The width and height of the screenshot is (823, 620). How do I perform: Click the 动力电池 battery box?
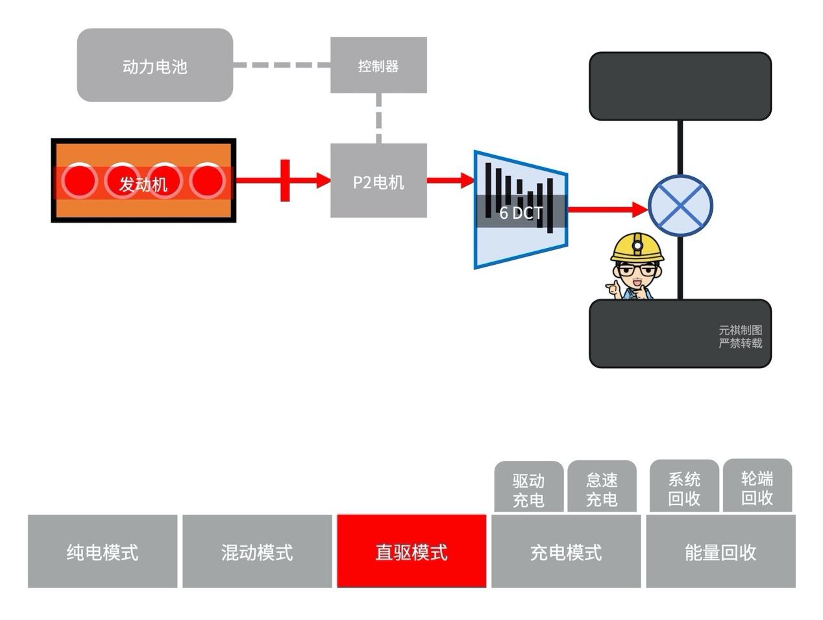click(x=154, y=66)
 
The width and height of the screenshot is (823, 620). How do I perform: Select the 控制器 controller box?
click(x=378, y=66)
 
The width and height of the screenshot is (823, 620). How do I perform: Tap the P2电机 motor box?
click(x=378, y=181)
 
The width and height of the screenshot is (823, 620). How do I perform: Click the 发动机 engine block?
click(x=143, y=181)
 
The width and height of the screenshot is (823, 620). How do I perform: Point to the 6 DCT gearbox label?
click(x=521, y=212)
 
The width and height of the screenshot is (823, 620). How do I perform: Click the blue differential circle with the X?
click(x=680, y=206)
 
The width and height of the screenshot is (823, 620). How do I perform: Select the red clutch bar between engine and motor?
click(x=285, y=180)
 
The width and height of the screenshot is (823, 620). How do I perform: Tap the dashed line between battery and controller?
click(x=281, y=65)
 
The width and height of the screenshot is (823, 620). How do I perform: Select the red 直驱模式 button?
click(x=411, y=552)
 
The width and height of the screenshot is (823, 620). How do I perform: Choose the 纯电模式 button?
click(x=103, y=552)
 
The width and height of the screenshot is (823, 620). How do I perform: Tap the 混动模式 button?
click(x=257, y=552)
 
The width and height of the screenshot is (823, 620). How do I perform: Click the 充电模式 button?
click(x=566, y=552)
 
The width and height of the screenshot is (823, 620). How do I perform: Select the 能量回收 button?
click(x=720, y=552)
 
